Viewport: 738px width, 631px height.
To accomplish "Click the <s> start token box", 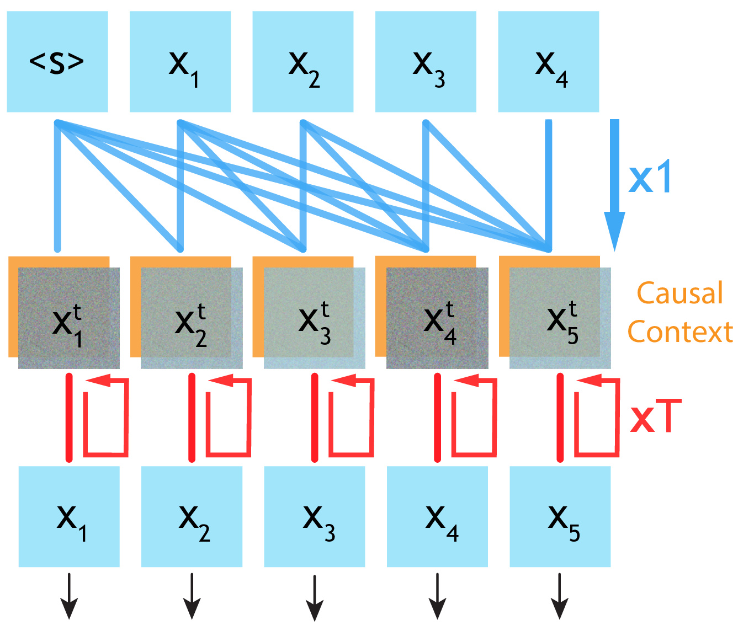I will [57, 62].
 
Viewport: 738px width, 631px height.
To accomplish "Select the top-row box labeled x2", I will [302, 62].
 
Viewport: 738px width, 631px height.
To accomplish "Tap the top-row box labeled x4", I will [548, 62].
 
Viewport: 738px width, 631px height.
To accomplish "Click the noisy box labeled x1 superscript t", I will [69, 318].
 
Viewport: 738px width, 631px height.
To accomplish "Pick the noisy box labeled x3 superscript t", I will [315, 318].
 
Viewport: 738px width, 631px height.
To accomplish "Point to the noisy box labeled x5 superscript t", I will [560, 318].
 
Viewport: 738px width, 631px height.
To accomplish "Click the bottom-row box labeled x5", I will [560, 516].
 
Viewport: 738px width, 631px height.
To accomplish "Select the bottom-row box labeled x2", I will [192, 516].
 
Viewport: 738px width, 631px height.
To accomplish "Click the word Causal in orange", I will [679, 293].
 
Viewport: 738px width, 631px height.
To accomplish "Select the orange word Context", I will [680, 332].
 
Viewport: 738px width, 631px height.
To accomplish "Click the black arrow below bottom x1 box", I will [69, 597].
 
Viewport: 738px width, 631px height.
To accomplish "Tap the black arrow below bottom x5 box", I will [560, 597].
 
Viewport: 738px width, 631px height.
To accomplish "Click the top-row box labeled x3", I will [426, 62].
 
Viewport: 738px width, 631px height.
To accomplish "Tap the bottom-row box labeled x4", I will [437, 516].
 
